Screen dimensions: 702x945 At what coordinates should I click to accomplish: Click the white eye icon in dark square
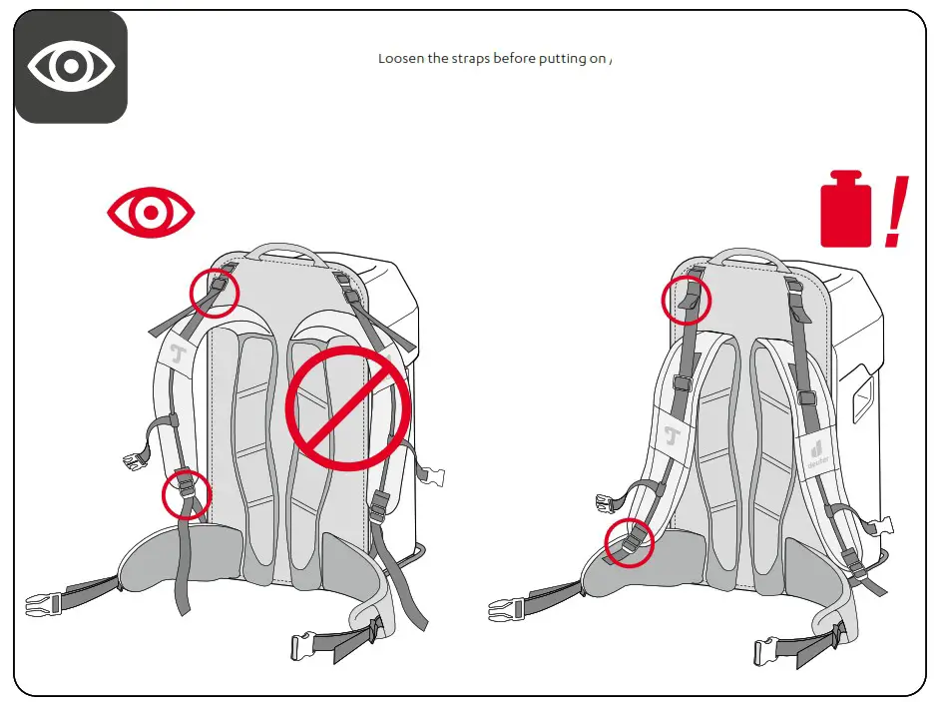click(71, 67)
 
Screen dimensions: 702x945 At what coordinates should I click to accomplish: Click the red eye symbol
click(151, 213)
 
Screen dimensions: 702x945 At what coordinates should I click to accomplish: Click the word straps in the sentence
click(472, 59)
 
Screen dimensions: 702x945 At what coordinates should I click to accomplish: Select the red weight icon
click(845, 211)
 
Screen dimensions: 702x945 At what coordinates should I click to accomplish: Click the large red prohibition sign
click(348, 408)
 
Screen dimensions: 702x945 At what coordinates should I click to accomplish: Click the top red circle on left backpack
click(215, 291)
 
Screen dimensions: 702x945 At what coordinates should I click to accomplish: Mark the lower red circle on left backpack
click(187, 494)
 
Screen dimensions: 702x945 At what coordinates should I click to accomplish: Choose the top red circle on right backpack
click(687, 300)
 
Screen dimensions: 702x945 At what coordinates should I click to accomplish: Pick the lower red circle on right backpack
click(629, 542)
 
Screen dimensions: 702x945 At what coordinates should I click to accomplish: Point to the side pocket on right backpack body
click(860, 397)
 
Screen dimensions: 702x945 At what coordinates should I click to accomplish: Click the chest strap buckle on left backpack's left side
click(132, 462)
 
